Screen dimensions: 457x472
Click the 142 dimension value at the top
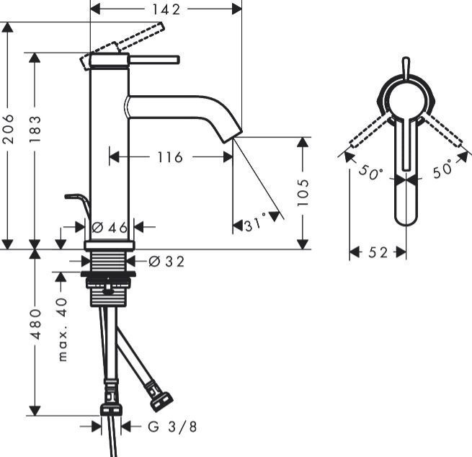click(165, 9)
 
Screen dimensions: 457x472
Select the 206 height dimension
click(8, 130)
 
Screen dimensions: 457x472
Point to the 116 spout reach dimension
click(170, 156)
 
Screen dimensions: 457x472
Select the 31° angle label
click(254, 225)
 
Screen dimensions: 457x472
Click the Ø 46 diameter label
click(110, 228)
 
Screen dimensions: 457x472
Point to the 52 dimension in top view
click(378, 252)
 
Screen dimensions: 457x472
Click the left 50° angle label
click(372, 174)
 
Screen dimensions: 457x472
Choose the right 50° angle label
click(442, 170)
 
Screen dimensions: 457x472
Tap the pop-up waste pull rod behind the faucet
click(77, 198)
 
